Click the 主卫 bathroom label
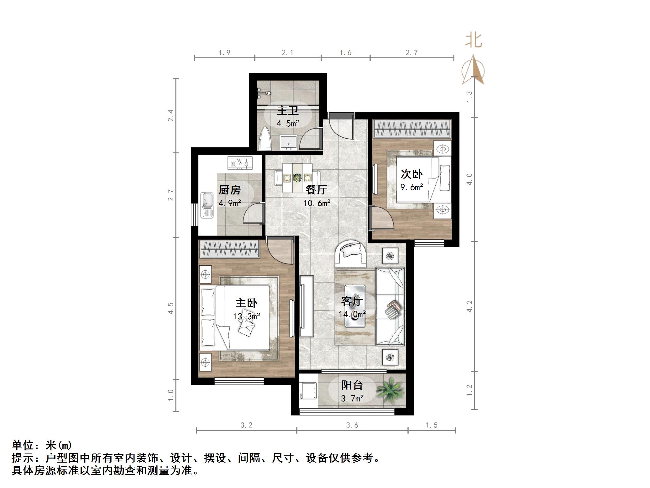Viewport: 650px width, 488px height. [287, 111]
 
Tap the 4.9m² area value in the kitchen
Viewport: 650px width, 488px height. [230, 203]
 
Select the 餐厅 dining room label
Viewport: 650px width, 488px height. [316, 189]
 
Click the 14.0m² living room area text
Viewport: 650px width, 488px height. [352, 314]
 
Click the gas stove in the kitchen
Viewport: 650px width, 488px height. [240, 163]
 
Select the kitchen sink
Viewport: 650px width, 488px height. [207, 205]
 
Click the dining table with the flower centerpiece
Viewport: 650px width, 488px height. [297, 178]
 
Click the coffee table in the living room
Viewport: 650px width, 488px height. [355, 306]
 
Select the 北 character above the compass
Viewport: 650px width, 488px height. [473, 41]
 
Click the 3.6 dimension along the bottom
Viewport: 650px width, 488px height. [352, 425]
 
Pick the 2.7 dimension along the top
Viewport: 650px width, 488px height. [411, 53]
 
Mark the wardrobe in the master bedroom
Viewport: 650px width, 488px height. [230, 249]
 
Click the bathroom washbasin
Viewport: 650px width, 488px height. [288, 143]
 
